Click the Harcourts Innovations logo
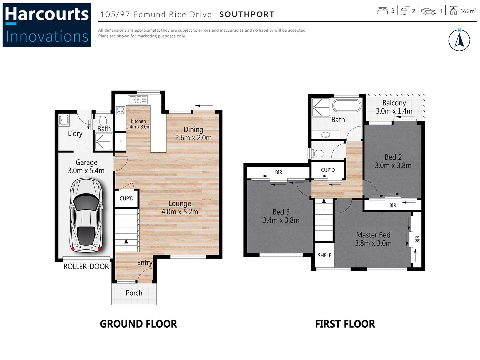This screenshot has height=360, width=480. (x=47, y=25)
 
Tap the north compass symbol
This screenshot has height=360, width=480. (x=459, y=40)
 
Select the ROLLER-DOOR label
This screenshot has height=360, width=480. (x=86, y=267)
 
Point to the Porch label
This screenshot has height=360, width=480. (x=134, y=293)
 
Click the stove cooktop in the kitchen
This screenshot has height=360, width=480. (x=121, y=111)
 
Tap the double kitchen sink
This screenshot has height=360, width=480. (x=138, y=99)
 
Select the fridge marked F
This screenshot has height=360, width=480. (x=120, y=142)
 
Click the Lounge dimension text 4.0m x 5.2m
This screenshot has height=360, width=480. (x=180, y=212)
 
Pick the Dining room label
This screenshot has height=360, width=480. (x=193, y=130)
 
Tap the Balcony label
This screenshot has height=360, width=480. (x=394, y=103)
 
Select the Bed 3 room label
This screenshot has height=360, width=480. (x=281, y=212)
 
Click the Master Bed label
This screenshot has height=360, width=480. (x=373, y=235)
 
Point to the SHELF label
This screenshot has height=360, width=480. (x=324, y=255)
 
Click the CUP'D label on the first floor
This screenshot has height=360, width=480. (x=328, y=170)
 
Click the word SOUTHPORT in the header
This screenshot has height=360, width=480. (x=247, y=14)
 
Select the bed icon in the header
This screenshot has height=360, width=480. (x=382, y=11)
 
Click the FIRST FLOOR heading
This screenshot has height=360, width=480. (x=345, y=324)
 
